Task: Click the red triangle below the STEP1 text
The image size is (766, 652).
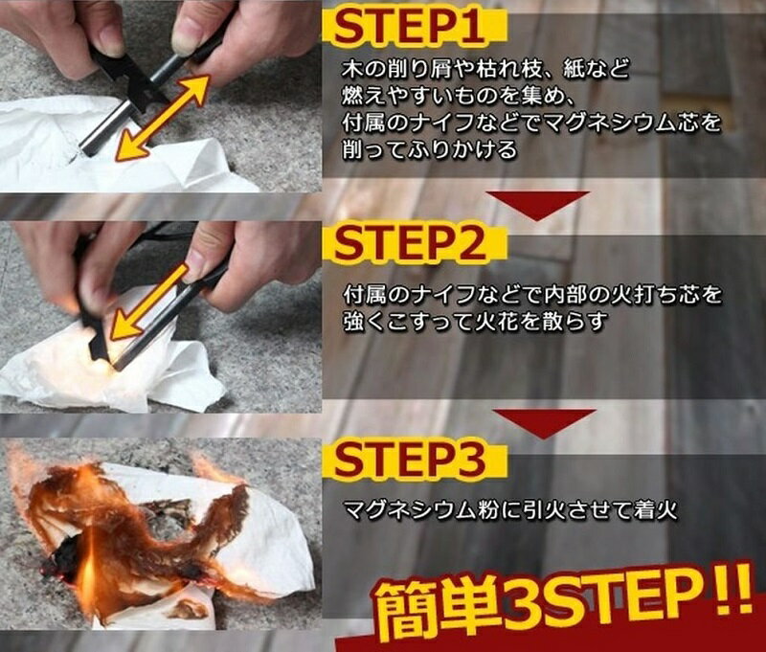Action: coord(537,204)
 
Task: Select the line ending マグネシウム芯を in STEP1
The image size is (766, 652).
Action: coord(532,124)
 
